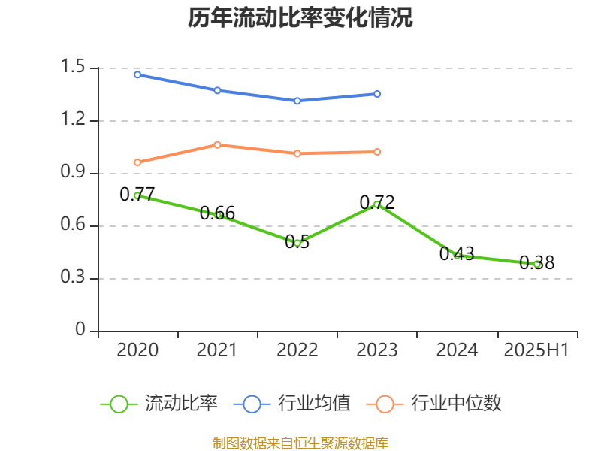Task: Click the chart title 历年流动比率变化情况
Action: click(300, 19)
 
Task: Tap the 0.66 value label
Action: click(218, 213)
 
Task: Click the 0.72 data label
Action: click(377, 202)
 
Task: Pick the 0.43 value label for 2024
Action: click(457, 254)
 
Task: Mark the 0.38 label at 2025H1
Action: click(537, 263)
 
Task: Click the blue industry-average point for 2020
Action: click(137, 74)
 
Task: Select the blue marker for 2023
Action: click(377, 94)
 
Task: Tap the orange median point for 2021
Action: click(217, 144)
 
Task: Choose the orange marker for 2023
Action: click(377, 152)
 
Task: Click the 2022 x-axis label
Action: click(297, 350)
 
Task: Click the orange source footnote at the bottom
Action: click(300, 443)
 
